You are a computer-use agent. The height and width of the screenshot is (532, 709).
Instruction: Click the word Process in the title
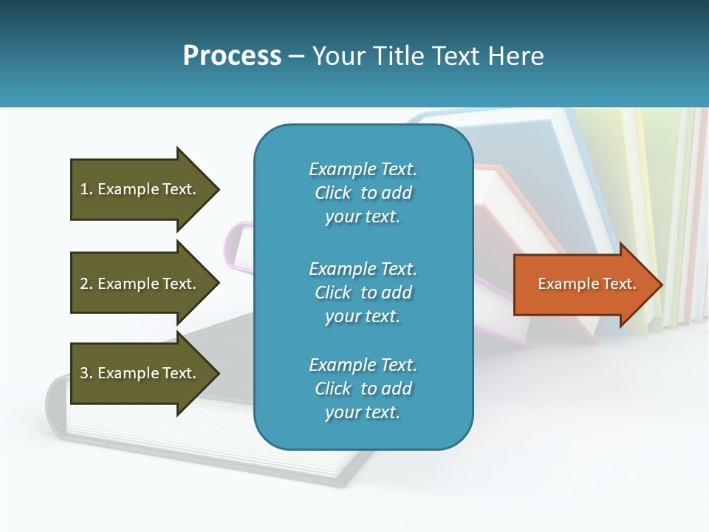click(232, 56)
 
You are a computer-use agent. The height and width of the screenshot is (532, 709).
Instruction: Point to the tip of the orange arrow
click(661, 284)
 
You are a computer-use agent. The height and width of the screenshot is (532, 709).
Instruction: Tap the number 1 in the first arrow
click(84, 190)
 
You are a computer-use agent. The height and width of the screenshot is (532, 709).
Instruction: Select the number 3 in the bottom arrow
click(84, 374)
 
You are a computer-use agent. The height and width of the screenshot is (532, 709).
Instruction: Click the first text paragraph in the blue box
click(363, 193)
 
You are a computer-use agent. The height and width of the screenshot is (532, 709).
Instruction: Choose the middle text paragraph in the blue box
click(363, 293)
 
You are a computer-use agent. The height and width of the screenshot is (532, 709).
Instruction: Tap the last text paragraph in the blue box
click(363, 389)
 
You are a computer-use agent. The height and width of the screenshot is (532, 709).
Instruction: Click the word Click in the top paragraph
click(332, 193)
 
